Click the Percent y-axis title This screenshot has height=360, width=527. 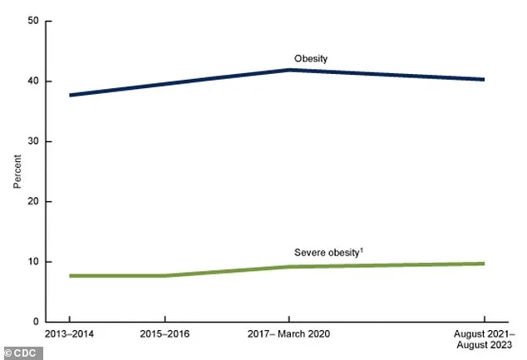pyautogui.click(x=17, y=170)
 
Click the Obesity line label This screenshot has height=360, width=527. pyautogui.click(x=312, y=59)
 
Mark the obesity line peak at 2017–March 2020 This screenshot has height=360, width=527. pyautogui.click(x=289, y=70)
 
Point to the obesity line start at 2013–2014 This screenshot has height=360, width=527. pyautogui.click(x=70, y=95)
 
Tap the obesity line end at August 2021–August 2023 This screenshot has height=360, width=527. pyautogui.click(x=484, y=80)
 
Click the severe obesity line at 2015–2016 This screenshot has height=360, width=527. pyautogui.click(x=165, y=275)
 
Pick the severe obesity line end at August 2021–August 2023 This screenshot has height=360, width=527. pyautogui.click(x=484, y=264)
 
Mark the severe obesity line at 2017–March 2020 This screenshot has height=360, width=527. pyautogui.click(x=289, y=267)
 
